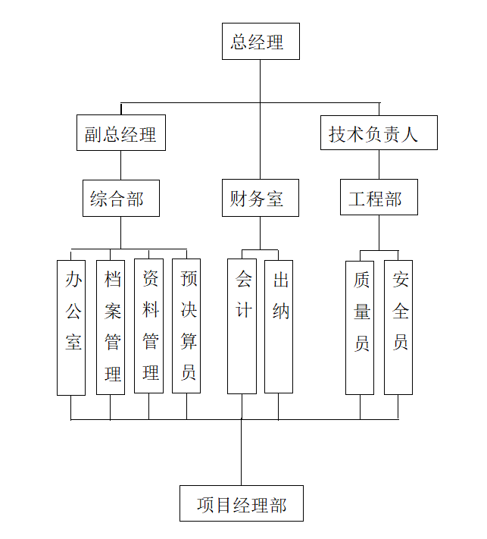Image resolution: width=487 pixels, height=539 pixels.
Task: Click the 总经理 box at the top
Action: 260,42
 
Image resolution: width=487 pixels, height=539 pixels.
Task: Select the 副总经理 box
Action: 120,133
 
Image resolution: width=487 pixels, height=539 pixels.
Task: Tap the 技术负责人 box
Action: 379,133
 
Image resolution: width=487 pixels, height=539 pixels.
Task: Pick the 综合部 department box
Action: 120,199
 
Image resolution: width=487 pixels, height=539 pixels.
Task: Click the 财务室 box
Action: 260,199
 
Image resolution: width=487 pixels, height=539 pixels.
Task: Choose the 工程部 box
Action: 378,199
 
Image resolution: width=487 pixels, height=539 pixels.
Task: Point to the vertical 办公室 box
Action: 71,327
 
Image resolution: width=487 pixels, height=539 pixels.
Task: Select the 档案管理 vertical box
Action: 111,327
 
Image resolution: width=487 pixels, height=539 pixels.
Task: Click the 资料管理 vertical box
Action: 148,326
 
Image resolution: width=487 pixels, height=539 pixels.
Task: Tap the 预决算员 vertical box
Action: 186,326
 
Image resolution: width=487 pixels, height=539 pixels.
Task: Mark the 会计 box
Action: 242,326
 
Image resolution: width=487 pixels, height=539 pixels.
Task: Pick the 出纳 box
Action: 278,326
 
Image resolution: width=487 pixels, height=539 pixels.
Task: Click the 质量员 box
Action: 360,327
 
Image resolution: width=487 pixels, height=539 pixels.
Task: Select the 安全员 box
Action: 398,327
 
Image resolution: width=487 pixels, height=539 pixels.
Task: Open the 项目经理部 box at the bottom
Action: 242,503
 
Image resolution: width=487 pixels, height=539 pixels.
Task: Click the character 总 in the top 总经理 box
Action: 239,42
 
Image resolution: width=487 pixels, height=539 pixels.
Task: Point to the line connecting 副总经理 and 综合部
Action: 120,165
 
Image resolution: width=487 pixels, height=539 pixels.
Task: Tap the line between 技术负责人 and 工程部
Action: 379,165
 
